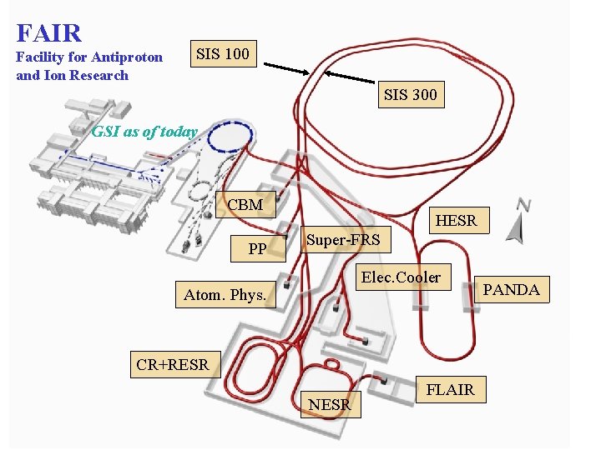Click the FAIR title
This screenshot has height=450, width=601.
tap(49, 33)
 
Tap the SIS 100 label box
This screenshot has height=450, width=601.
tap(222, 55)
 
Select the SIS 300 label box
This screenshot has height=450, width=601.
tap(410, 95)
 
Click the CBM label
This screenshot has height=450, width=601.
tap(245, 205)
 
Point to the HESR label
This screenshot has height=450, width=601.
tap(457, 221)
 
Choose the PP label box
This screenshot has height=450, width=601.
tap(258, 248)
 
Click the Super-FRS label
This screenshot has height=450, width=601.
tap(342, 240)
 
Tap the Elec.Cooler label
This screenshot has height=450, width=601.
tap(401, 277)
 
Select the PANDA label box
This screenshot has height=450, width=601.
tap(512, 289)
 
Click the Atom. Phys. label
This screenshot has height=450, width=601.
tap(225, 294)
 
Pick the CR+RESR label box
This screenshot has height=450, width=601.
tap(173, 364)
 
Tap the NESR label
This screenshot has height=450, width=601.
tap(330, 405)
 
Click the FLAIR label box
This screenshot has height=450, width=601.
tap(450, 389)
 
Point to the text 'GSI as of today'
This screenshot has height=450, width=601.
tap(144, 131)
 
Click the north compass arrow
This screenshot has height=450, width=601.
tap(517, 227)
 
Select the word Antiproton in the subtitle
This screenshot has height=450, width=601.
tap(128, 57)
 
